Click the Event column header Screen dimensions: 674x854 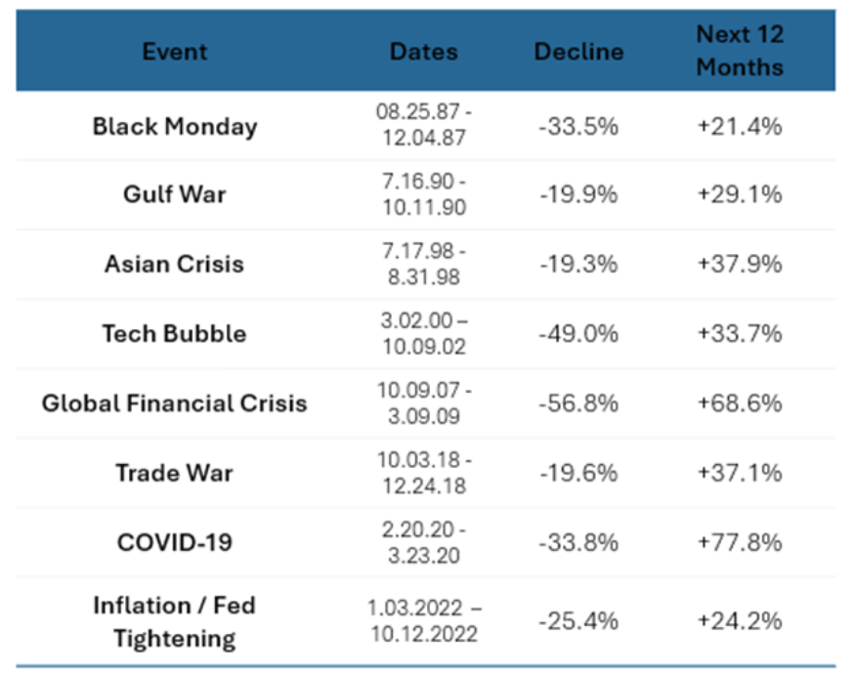click(x=175, y=52)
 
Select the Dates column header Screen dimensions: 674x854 click(x=423, y=52)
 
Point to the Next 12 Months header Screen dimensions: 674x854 click(x=740, y=51)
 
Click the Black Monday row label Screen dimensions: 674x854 click(x=175, y=126)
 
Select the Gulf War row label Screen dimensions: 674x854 click(x=175, y=194)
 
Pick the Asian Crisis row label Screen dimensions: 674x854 click(x=175, y=264)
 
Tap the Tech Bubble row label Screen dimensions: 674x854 click(x=175, y=333)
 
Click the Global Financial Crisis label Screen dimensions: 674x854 click(x=175, y=402)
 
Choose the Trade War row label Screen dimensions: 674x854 click(x=175, y=473)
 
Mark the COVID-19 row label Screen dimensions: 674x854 click(x=175, y=541)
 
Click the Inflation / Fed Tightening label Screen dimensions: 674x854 click(x=175, y=622)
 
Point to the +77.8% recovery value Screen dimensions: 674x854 click(x=740, y=542)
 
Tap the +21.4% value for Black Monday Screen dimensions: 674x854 click(x=740, y=126)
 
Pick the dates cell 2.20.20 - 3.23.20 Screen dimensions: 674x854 click(x=423, y=542)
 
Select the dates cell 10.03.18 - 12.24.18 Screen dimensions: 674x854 click(x=423, y=473)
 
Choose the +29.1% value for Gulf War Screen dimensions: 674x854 click(x=740, y=194)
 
